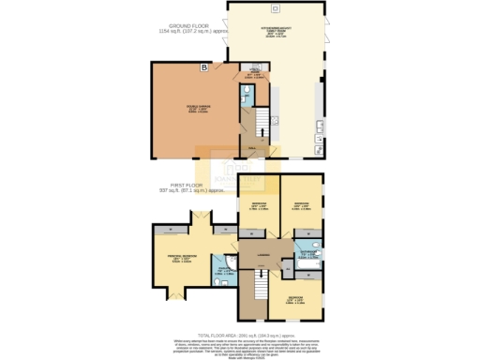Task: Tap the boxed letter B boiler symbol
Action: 203,67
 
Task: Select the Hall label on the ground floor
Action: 250,146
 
